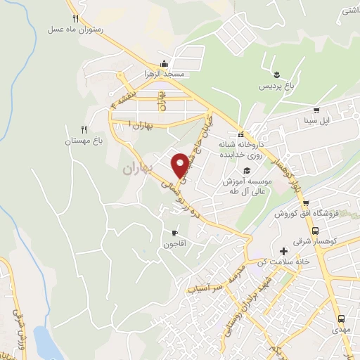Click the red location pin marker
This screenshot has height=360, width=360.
click(x=181, y=165)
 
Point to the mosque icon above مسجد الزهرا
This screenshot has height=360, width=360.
click(x=164, y=63)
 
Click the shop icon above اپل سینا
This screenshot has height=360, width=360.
click(x=316, y=110)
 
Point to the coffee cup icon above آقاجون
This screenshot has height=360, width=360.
click(x=174, y=233)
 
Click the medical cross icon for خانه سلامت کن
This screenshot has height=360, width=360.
click(x=284, y=251)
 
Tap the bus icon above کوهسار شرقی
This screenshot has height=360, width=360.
click(x=316, y=230)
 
